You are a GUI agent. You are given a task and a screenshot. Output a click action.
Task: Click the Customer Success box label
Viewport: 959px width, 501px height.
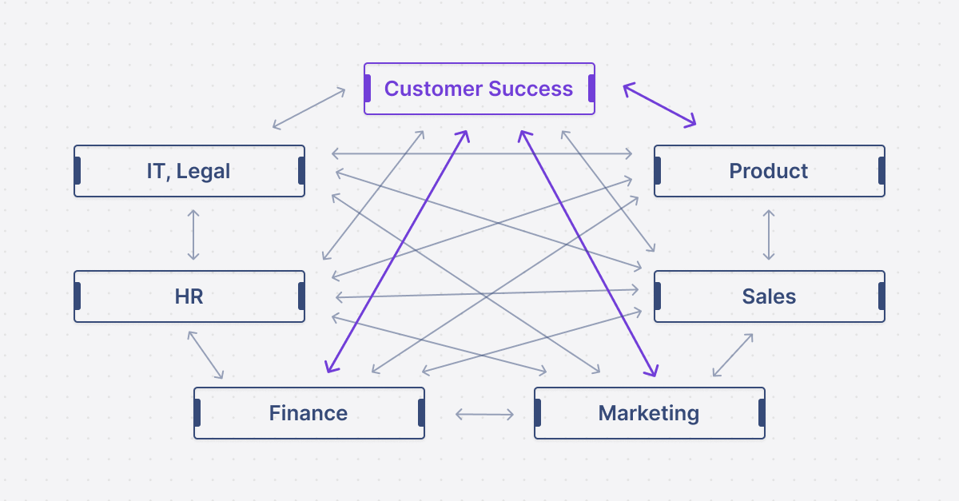point(478,89)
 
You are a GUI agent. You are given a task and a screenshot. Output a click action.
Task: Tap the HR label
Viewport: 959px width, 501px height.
point(189,296)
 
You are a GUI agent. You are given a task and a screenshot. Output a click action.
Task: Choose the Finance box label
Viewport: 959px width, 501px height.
point(308,413)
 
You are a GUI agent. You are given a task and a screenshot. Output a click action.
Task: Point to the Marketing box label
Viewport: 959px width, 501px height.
point(649,413)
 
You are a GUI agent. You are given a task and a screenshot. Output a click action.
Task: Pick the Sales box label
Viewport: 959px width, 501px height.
point(769,296)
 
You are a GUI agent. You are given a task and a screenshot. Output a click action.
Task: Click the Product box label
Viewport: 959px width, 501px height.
point(769,171)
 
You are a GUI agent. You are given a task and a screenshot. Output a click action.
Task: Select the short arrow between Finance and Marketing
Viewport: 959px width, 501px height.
point(484,414)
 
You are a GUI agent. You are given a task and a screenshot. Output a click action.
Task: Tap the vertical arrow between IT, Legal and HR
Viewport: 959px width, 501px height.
point(193,234)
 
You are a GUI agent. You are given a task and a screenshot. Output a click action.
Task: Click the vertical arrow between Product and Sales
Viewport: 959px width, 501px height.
point(769,234)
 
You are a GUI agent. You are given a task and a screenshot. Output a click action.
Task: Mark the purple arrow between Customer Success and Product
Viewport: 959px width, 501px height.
point(659,105)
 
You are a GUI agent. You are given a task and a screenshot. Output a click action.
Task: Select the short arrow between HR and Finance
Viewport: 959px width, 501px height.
point(205,354)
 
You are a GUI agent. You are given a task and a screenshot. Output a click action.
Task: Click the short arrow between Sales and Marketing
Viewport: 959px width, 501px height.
point(732,355)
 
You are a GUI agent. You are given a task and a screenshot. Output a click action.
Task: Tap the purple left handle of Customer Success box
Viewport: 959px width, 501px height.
point(368,89)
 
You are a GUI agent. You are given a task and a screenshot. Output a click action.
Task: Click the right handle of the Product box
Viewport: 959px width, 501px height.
point(881,171)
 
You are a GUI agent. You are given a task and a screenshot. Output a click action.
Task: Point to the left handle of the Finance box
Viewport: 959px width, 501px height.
point(197,413)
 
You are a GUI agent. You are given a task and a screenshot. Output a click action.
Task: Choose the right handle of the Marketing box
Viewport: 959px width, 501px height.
point(762,413)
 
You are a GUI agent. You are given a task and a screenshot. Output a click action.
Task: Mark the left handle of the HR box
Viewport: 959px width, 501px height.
point(78,296)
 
